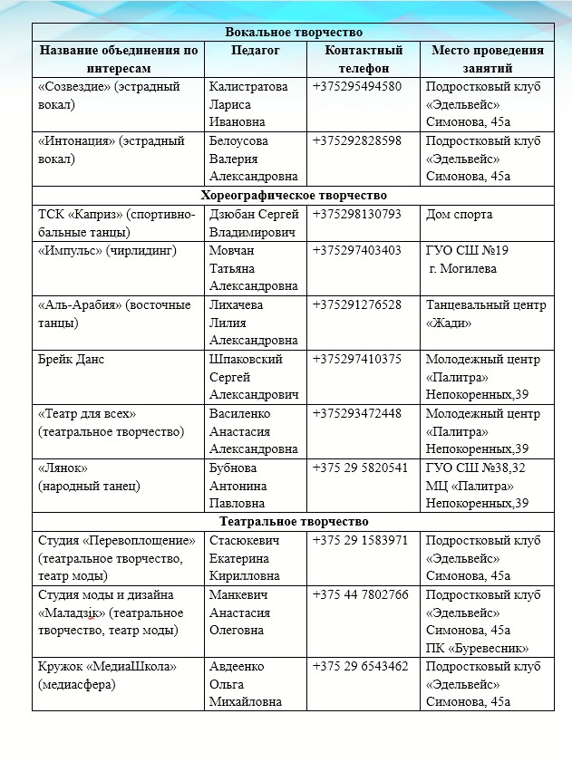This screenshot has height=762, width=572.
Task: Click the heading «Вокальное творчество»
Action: click(293, 33)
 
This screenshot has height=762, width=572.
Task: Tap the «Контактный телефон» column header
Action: click(364, 59)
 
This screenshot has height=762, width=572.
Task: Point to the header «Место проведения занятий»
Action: click(487, 59)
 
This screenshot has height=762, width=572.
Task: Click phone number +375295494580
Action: click(357, 87)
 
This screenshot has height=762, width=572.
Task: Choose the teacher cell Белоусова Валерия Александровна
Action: click(253, 159)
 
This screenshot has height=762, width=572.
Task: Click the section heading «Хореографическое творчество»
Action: click(293, 195)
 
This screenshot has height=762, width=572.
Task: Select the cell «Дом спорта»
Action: click(459, 215)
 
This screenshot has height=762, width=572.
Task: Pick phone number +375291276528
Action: click(357, 304)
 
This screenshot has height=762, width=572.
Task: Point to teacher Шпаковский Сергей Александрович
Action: click(254, 377)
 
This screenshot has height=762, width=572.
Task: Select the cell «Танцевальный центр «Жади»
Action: click(486, 313)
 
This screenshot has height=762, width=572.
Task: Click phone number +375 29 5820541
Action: click(360, 468)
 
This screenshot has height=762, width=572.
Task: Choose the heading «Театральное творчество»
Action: click(293, 521)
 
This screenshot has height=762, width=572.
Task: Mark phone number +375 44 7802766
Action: click(360, 594)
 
